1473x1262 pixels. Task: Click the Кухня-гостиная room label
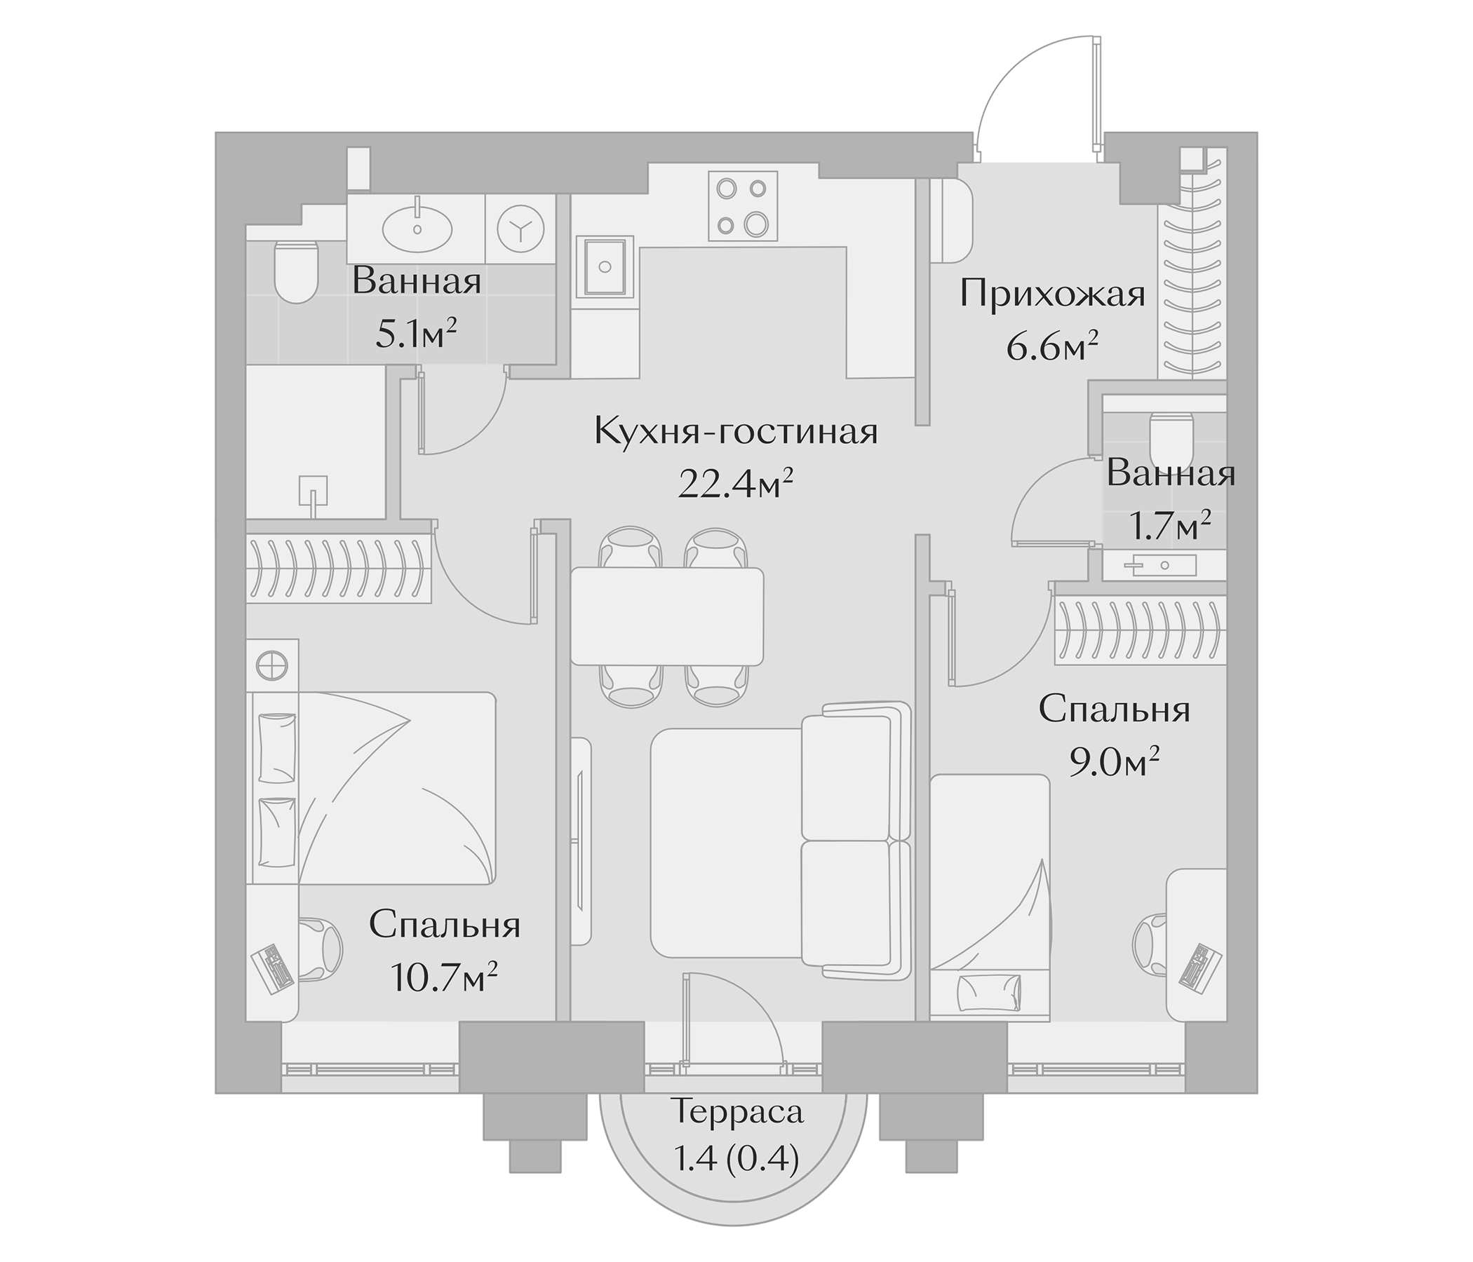736,431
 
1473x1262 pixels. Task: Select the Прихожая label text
1052,294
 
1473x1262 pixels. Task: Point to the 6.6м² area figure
1052,348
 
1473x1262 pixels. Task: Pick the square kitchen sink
605,266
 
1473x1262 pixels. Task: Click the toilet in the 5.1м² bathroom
296,272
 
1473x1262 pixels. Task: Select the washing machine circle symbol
520,229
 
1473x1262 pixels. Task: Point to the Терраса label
736,1111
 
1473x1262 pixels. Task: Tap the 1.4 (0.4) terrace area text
736,1160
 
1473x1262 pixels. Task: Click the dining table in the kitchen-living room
667,616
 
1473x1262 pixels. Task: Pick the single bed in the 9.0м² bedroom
990,899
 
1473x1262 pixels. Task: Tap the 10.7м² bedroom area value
443,979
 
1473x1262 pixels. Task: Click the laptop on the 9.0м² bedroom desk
1202,966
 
